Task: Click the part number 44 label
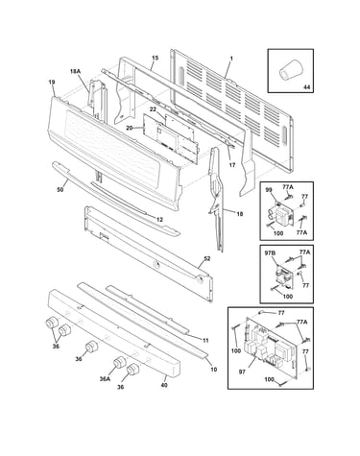pos(306,87)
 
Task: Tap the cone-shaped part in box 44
pos(290,70)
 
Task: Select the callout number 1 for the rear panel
pos(231,59)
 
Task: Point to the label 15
pos(156,58)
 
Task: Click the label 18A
pos(75,72)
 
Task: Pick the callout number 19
pos(52,83)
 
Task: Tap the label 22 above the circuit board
pos(153,109)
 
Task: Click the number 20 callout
pos(130,128)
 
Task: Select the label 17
pos(232,165)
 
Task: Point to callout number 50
pos(60,190)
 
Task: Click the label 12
pos(159,220)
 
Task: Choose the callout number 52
pos(207,258)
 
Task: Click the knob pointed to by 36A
pos(119,362)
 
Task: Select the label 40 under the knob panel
pos(164,385)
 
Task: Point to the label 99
pos(269,190)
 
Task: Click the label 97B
pos(270,253)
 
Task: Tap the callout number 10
pos(214,369)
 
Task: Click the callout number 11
pos(205,341)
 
